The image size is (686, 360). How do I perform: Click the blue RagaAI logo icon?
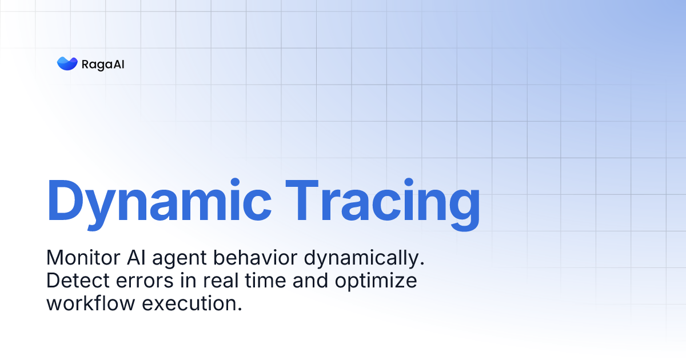67,63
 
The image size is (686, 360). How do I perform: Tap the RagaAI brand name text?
103,64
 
